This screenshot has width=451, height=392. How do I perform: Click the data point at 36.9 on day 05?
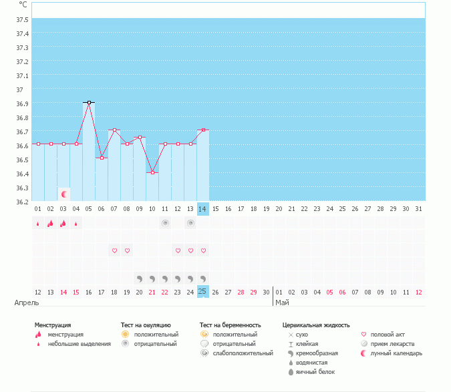(89, 102)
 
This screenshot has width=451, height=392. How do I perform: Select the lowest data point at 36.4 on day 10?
(152, 172)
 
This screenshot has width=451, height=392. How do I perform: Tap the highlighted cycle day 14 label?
(203, 209)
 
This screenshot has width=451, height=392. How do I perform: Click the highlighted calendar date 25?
(203, 292)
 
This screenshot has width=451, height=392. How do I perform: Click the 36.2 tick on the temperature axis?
(22, 201)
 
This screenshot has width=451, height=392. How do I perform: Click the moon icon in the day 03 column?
(64, 194)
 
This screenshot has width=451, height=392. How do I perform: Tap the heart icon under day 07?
(114, 250)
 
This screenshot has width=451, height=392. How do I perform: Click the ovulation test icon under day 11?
(165, 223)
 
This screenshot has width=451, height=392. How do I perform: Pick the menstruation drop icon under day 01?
(38, 224)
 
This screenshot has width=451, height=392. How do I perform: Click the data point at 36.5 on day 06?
(102, 158)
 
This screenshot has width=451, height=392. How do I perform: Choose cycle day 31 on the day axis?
(419, 209)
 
